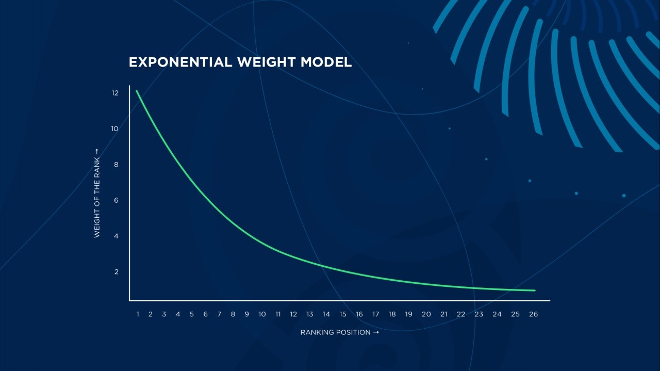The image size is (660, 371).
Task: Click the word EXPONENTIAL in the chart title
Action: [180, 62]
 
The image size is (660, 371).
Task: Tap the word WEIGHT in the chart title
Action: [267, 62]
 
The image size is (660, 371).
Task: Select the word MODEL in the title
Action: [326, 62]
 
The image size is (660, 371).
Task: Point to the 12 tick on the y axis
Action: [115, 93]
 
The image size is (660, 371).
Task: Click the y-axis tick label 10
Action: [114, 129]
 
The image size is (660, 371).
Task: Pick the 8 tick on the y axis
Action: [116, 165]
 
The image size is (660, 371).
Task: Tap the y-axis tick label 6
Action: [116, 201]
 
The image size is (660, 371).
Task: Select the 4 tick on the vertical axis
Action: [116, 236]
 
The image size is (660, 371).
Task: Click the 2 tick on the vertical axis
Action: [116, 272]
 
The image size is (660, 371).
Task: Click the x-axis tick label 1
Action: [138, 314]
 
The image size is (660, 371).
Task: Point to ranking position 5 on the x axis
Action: [192, 314]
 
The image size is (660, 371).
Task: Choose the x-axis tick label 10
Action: [262, 314]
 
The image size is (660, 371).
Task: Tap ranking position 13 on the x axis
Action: [310, 314]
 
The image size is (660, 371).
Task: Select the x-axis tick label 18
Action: [392, 314]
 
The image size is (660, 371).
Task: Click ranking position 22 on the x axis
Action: [461, 314]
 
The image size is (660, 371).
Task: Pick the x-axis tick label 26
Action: [533, 314]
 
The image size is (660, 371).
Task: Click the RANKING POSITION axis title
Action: [340, 332]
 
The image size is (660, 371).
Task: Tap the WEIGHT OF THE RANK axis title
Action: [97, 193]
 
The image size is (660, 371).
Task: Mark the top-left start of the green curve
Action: [137, 90]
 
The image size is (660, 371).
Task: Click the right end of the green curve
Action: [535, 291]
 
